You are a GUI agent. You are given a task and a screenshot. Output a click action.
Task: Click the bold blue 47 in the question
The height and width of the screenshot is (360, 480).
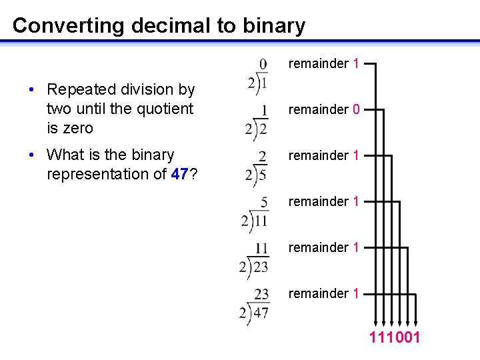[181, 174]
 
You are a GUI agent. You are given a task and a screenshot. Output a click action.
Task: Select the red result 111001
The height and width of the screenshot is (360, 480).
[395, 338]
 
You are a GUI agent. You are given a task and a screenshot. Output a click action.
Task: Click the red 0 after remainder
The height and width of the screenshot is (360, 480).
[357, 109]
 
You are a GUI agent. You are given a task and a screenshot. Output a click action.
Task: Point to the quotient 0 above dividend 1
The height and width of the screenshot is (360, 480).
[263, 63]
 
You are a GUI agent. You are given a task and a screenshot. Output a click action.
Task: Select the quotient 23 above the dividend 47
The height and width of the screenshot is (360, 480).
[261, 293]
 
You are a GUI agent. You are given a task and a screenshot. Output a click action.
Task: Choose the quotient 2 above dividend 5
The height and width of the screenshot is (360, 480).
[263, 156]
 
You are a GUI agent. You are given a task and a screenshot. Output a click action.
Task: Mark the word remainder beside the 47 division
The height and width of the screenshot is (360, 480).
[319, 293]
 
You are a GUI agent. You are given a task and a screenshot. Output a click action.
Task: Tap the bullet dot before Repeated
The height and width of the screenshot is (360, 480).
[32, 90]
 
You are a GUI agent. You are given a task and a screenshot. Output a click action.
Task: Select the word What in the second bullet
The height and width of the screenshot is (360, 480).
[64, 155]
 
